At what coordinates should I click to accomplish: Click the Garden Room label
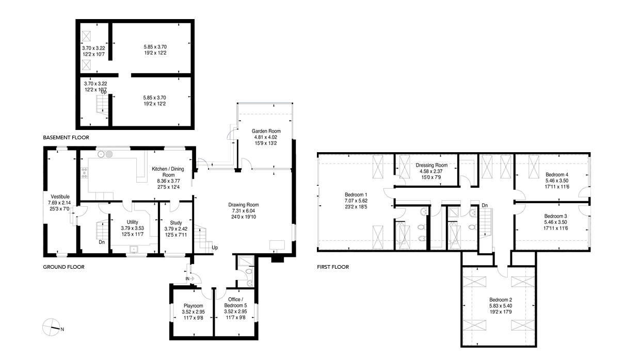point(266,131)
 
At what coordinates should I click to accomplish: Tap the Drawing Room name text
point(244,205)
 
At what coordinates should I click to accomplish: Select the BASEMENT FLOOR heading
point(66,138)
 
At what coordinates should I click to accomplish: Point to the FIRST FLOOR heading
point(333,267)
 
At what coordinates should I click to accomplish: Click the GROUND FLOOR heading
point(63,267)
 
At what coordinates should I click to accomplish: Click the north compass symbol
point(52,327)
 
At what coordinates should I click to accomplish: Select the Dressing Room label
point(431,165)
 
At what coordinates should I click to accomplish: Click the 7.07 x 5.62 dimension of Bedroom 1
point(356,201)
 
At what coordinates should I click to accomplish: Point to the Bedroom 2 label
point(501,300)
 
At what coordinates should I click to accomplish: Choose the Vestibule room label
point(60,197)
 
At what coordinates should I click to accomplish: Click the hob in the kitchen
point(84,173)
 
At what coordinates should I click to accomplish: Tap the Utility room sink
point(134,249)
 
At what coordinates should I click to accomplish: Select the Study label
point(176,223)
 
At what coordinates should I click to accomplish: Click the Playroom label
point(194,306)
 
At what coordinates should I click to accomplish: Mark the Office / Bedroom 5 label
point(235,302)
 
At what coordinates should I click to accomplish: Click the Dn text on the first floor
point(485,205)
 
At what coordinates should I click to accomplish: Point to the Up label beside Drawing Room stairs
point(215,248)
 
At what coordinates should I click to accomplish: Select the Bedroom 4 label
point(557,174)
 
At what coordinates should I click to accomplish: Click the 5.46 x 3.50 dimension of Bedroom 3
point(555,222)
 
